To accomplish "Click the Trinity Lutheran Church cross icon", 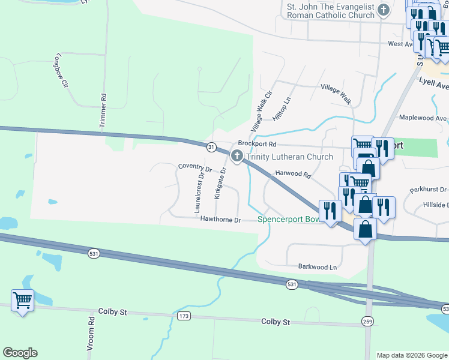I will tap(237, 157).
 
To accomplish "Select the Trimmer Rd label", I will tap(103, 110).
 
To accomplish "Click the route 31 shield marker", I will tap(211, 147).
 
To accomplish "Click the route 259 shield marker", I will tap(367, 322).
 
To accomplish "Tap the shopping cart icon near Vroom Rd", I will tap(22, 299).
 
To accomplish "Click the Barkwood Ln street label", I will tap(318, 266).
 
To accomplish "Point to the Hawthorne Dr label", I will tap(220, 220).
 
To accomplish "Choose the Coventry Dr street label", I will tap(195, 169).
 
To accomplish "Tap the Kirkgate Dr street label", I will tap(219, 184).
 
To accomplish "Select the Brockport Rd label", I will tap(257, 144).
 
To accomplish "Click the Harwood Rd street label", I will tap(293, 175).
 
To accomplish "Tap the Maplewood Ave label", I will tap(423, 118).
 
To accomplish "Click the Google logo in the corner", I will tap(20, 353).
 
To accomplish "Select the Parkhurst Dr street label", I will tap(429, 190).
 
